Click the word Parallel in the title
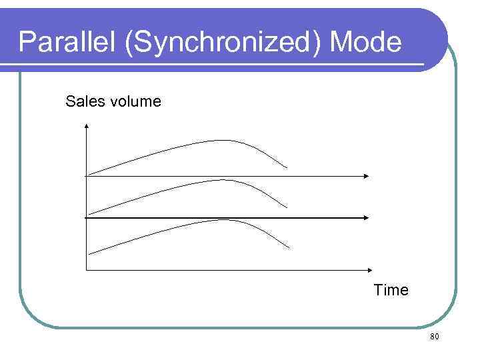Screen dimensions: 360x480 pyautogui.click(x=65, y=43)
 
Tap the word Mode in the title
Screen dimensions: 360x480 pyautogui.click(x=367, y=43)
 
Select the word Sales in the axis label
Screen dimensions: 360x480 pyautogui.click(x=81, y=101)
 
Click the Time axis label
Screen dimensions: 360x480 pyautogui.click(x=391, y=291)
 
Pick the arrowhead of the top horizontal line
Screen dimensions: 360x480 pyautogui.click(x=366, y=175)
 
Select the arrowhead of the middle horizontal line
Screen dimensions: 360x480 pyautogui.click(x=366, y=217)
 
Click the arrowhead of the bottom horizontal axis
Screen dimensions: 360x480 pyautogui.click(x=366, y=269)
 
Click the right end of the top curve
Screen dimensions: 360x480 pyautogui.click(x=287, y=167)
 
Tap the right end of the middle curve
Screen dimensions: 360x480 pyautogui.click(x=287, y=207)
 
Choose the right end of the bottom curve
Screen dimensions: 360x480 pyautogui.click(x=289, y=248)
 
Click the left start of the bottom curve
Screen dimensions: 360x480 pyautogui.click(x=90, y=254)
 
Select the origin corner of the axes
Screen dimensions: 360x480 pyautogui.click(x=87, y=269)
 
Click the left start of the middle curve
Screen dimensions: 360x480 pyautogui.click(x=89, y=214)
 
